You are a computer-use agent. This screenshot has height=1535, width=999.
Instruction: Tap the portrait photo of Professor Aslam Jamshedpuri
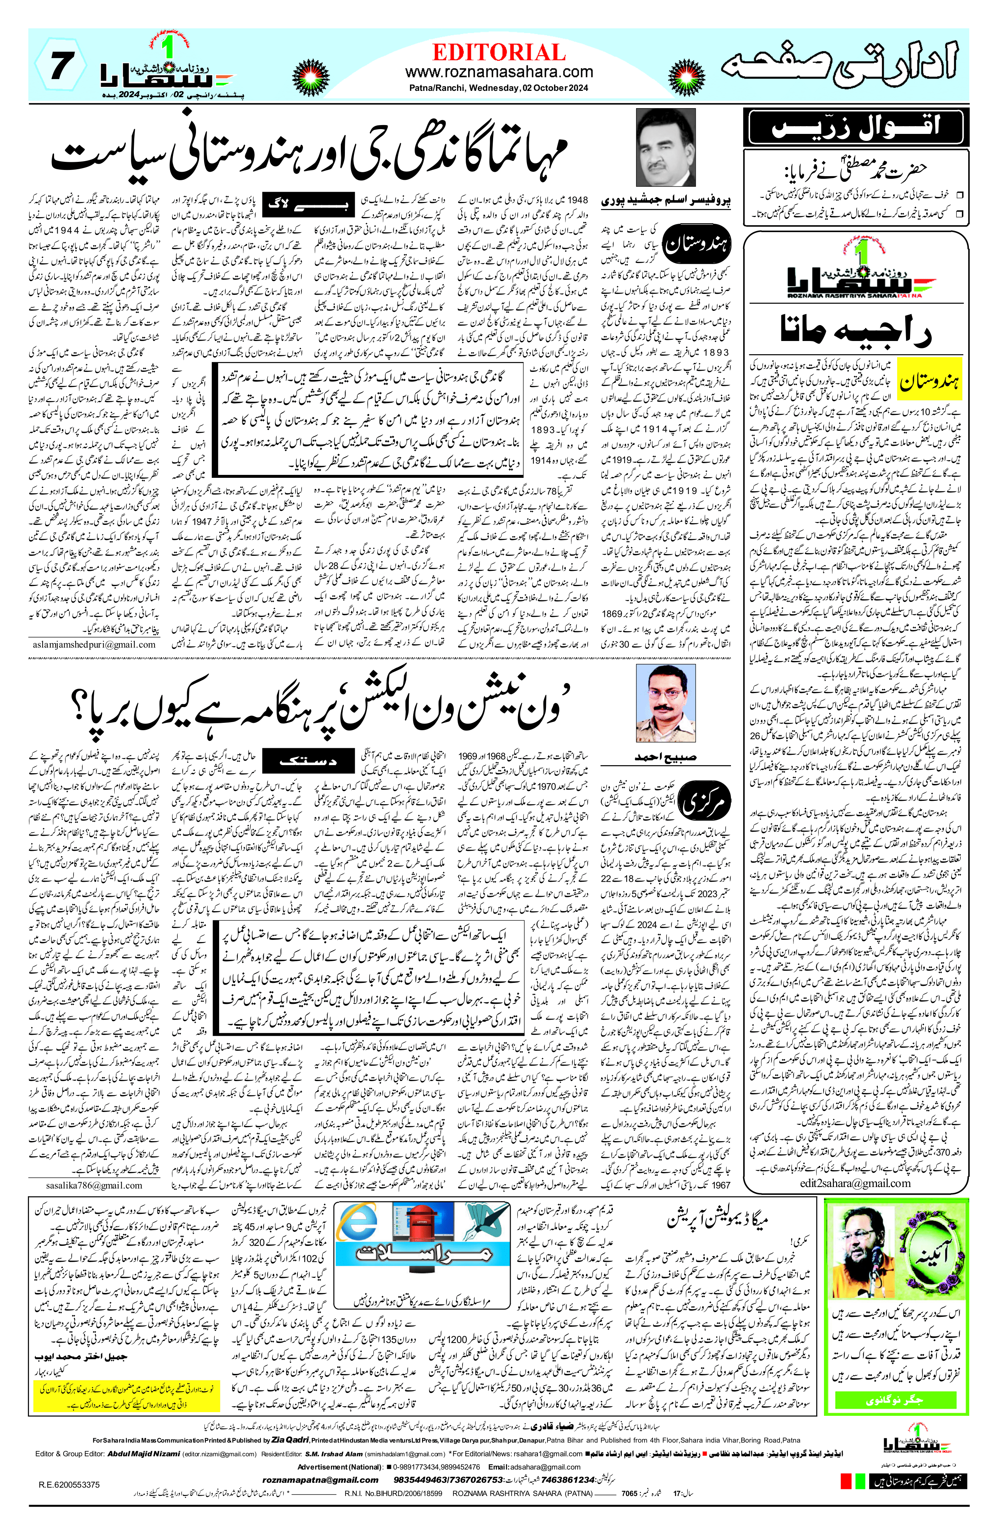pos(666,148)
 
